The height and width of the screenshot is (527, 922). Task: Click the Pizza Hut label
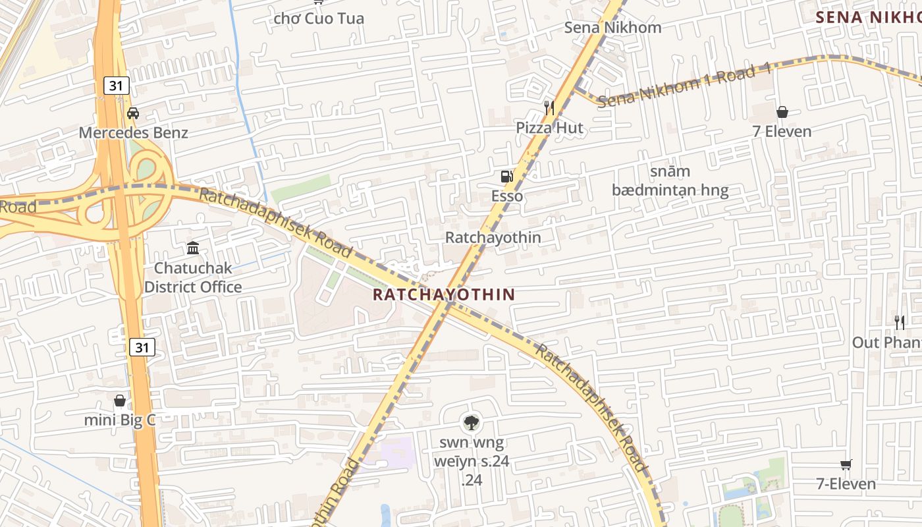click(549, 128)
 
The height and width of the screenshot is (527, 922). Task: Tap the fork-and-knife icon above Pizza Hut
click(549, 107)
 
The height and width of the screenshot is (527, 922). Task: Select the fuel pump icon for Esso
click(506, 177)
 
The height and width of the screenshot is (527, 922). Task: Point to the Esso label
click(507, 196)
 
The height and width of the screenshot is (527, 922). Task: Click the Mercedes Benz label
click(133, 132)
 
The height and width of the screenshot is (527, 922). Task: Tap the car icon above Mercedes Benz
click(133, 113)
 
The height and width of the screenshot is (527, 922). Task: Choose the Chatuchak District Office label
click(193, 277)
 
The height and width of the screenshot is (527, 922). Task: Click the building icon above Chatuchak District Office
click(193, 248)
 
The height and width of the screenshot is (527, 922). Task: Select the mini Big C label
click(120, 420)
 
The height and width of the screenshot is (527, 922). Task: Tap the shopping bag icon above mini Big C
click(120, 400)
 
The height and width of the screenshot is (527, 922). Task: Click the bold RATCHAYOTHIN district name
click(443, 294)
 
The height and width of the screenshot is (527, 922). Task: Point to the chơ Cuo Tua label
click(319, 18)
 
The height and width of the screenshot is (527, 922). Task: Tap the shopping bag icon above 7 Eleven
click(782, 112)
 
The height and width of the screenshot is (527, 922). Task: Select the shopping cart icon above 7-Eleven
click(846, 465)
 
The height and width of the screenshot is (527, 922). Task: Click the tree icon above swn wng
click(471, 422)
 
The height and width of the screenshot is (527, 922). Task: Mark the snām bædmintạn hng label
click(670, 181)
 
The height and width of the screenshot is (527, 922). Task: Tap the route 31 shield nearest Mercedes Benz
click(116, 85)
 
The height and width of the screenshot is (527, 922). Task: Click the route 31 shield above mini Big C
click(142, 347)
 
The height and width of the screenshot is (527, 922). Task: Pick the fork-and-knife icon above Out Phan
click(900, 322)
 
